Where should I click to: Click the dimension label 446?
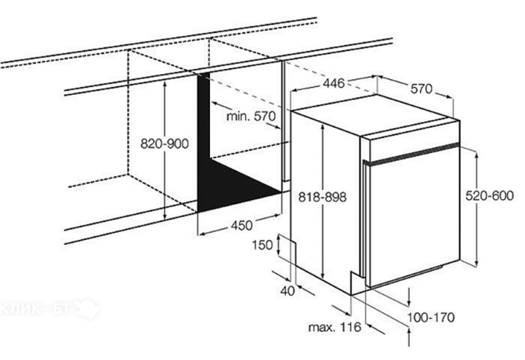pos(333,83)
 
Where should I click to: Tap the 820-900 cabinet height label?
pos(165,144)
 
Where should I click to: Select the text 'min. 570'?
pos(251,116)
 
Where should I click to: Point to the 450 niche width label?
pos(242,225)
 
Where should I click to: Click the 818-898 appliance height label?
pos(322,197)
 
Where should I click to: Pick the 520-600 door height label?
pos(490,195)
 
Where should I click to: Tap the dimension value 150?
pos(262,245)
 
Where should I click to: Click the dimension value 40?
pos(288,291)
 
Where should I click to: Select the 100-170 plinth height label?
pos(431,317)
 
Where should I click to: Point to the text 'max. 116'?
pos(335,327)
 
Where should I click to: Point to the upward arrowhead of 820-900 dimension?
pos(165,84)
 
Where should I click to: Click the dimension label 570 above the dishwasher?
pos(422,89)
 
